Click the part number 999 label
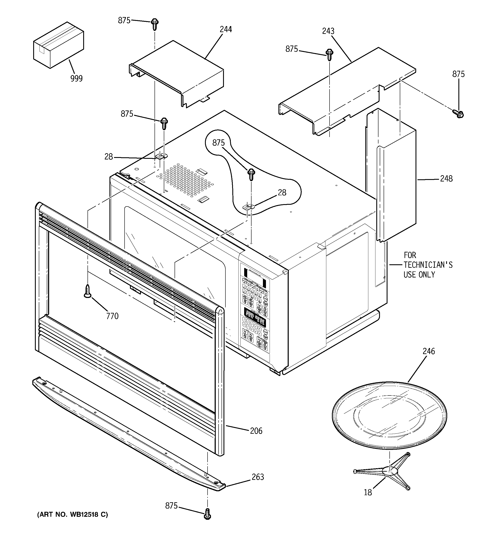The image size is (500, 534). (x=77, y=79)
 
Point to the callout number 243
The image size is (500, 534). (x=328, y=31)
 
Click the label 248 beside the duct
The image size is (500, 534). (x=446, y=179)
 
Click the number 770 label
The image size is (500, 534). (x=112, y=316)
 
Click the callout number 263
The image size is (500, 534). (x=258, y=477)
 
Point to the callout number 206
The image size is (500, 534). (x=256, y=431)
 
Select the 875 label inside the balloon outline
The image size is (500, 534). (x=219, y=143)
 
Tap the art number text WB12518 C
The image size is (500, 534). (x=72, y=514)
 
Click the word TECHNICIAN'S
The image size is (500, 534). (x=428, y=265)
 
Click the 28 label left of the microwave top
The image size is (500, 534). (x=108, y=157)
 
